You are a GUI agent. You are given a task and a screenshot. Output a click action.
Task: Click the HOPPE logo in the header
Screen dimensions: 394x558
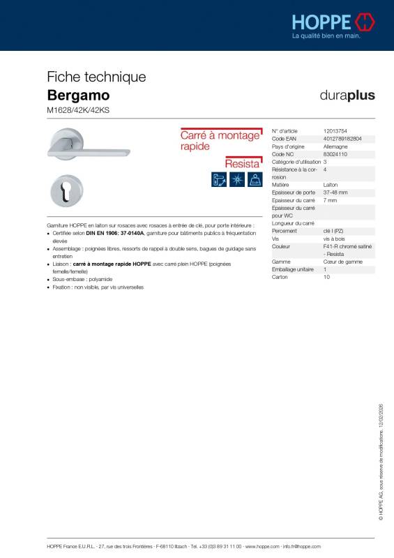[x=333, y=21]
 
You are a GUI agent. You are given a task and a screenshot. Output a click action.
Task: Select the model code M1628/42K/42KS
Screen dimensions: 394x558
[x=73, y=110]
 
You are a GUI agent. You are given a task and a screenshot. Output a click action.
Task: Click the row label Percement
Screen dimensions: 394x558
[x=285, y=231]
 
